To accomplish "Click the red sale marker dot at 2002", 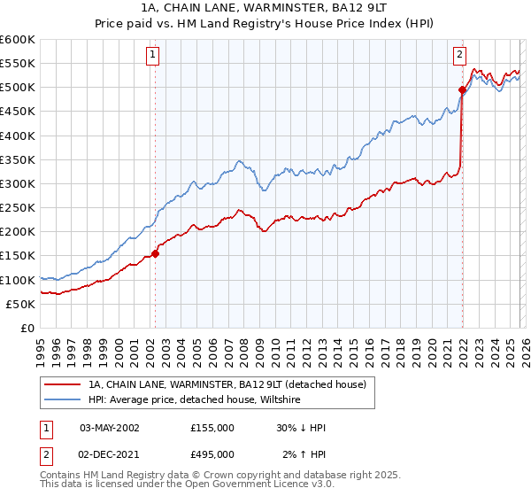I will point(155,253).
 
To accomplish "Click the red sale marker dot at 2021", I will point(462,89).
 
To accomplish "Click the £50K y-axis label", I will point(20,304).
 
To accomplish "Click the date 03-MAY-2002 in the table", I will point(110,428).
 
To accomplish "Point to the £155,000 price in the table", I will point(212,428).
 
